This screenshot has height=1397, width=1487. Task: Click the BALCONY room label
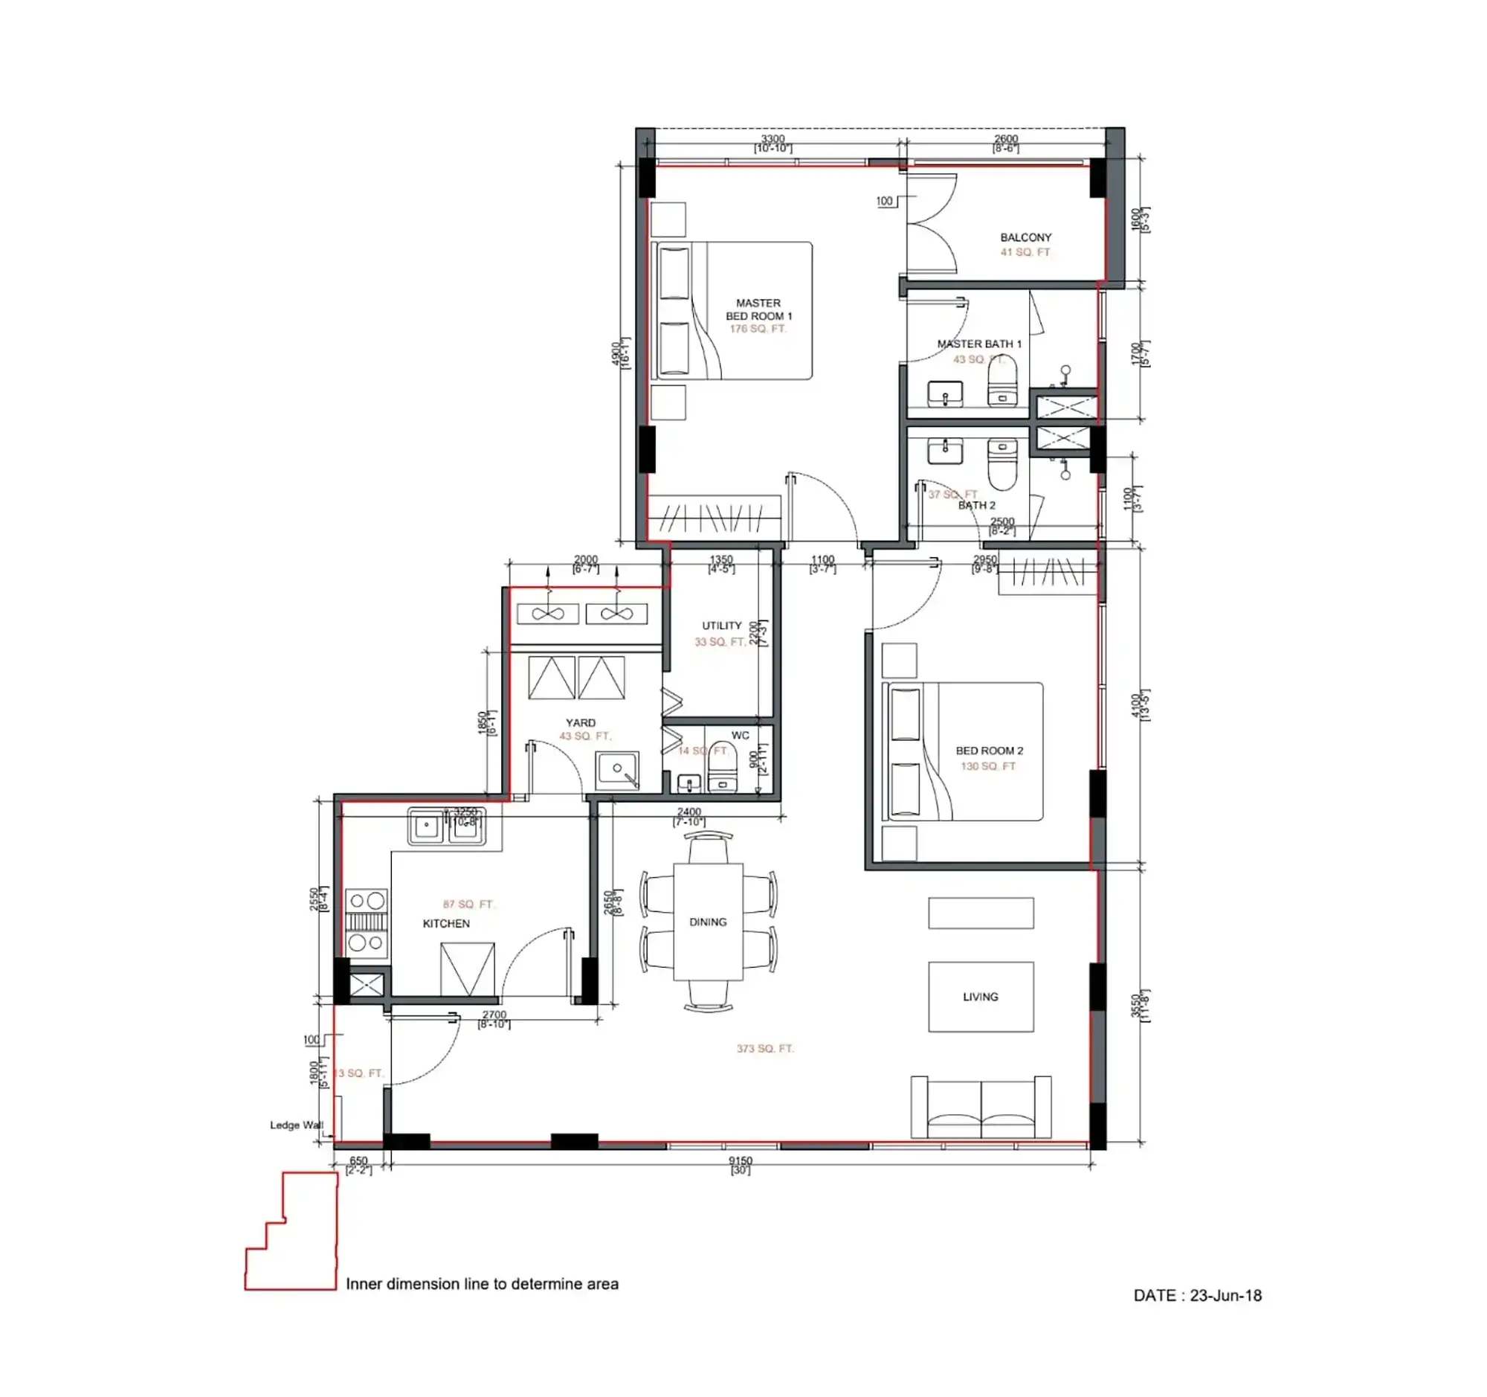click(1025, 237)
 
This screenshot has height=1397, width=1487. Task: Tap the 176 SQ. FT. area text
click(758, 329)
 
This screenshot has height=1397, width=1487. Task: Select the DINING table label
click(708, 922)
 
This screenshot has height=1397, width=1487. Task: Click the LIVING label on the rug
click(980, 997)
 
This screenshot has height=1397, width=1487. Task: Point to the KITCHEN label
click(446, 923)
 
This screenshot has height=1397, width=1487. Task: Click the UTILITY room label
click(721, 626)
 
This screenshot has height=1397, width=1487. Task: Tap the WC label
click(740, 736)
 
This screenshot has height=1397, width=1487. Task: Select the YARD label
click(581, 723)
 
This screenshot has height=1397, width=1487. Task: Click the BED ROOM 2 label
click(989, 751)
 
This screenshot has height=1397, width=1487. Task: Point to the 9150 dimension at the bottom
click(740, 1160)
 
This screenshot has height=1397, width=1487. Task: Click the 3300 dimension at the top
click(772, 139)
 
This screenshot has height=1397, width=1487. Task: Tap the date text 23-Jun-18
click(1225, 1295)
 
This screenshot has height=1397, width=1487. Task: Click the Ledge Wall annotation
click(296, 1125)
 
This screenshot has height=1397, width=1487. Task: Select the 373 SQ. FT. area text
click(764, 1048)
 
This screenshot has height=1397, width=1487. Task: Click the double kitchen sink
click(447, 826)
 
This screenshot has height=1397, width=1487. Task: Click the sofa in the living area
click(980, 1108)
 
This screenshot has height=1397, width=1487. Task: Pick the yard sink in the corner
click(617, 771)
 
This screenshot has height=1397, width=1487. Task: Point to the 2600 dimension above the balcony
click(1005, 139)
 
